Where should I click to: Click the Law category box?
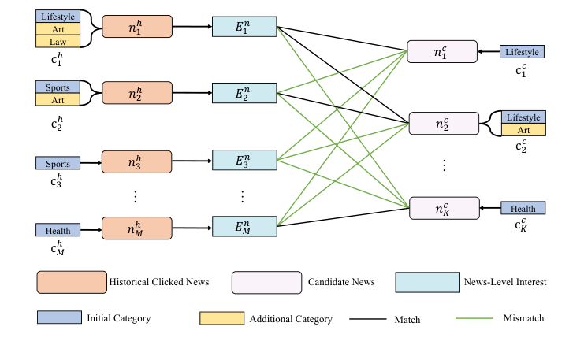click(x=58, y=41)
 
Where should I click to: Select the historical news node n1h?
click(x=136, y=28)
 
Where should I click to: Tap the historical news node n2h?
click(x=136, y=94)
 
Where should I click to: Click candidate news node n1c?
click(x=443, y=52)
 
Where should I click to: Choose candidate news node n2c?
click(x=443, y=124)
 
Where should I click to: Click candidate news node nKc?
click(x=443, y=208)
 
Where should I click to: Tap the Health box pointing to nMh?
click(x=58, y=230)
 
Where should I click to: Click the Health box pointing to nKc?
click(x=523, y=209)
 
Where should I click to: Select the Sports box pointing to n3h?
click(x=58, y=164)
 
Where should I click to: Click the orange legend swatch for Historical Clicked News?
click(x=71, y=281)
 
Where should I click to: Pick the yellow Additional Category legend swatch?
click(x=221, y=318)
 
